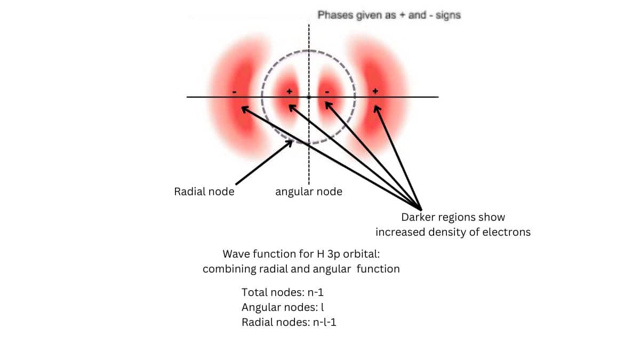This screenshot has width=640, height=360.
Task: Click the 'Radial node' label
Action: coord(204,191)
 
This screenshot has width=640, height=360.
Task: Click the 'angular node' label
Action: coord(308,191)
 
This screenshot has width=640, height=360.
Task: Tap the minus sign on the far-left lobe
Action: coord(235,92)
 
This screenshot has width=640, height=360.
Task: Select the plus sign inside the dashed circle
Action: coord(290,92)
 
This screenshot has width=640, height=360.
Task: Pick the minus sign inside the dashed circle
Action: coord(327,92)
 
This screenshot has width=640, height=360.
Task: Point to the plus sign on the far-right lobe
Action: coord(375,92)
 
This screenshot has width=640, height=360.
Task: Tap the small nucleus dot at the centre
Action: coord(309,97)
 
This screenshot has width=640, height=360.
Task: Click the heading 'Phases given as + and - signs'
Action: coord(389,15)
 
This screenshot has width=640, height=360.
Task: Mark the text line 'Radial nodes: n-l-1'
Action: coord(289,322)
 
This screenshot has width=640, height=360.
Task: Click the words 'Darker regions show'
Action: coord(453,218)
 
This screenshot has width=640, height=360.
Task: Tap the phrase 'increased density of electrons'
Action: coord(453,232)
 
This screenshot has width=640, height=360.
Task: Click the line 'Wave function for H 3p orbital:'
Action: coord(301,254)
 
